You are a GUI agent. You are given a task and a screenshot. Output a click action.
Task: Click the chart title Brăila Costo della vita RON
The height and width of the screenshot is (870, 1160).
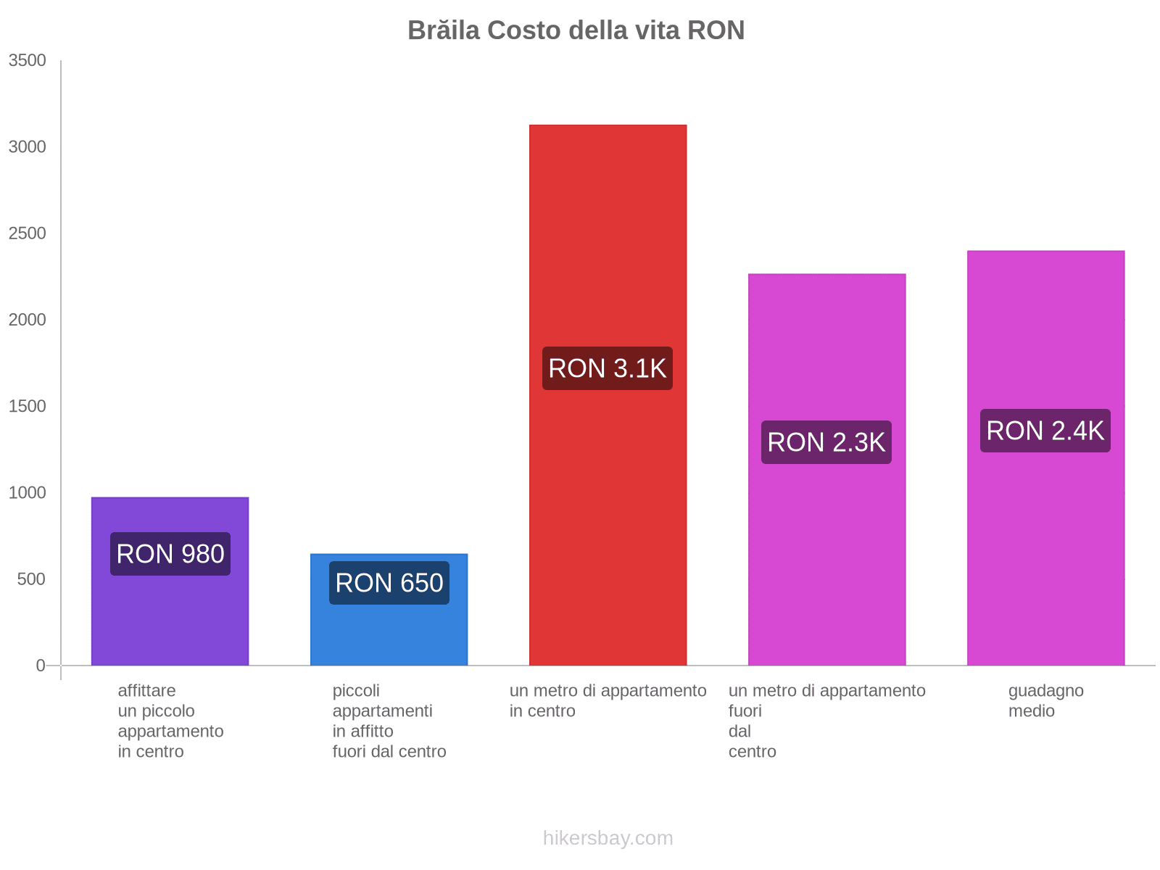pos(576,30)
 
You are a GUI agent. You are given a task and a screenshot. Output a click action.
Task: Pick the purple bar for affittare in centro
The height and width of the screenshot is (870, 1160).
pos(170,616)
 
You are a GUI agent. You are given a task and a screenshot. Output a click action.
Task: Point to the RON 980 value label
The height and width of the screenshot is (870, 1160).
pos(170,554)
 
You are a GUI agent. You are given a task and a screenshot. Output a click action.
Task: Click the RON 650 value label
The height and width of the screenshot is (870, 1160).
pos(389,583)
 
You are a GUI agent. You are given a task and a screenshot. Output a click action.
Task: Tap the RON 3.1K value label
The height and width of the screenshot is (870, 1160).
pos(608,368)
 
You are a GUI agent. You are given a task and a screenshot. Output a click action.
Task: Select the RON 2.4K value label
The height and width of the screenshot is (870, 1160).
pos(1045,431)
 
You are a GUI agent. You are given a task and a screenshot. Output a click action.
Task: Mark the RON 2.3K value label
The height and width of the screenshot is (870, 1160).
pos(826,442)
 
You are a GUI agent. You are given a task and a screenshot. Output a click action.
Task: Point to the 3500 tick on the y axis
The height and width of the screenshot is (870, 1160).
pos(28,61)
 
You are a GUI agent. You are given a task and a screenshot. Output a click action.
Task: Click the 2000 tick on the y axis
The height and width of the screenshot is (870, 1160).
pos(28,320)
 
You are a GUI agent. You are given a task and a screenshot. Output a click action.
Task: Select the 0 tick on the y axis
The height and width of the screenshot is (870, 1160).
pos(41,666)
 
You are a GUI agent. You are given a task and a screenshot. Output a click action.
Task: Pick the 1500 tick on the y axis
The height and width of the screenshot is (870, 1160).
pos(28,406)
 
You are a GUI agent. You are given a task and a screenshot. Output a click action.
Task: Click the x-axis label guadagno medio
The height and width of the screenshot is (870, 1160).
pos(1045,700)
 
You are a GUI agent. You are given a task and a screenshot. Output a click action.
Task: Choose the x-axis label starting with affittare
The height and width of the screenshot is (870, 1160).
pos(170,721)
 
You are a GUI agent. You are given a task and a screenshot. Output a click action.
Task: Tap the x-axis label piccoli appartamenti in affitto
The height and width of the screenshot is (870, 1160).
pos(389,721)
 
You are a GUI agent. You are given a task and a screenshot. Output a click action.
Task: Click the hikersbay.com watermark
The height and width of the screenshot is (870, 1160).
pos(608,838)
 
